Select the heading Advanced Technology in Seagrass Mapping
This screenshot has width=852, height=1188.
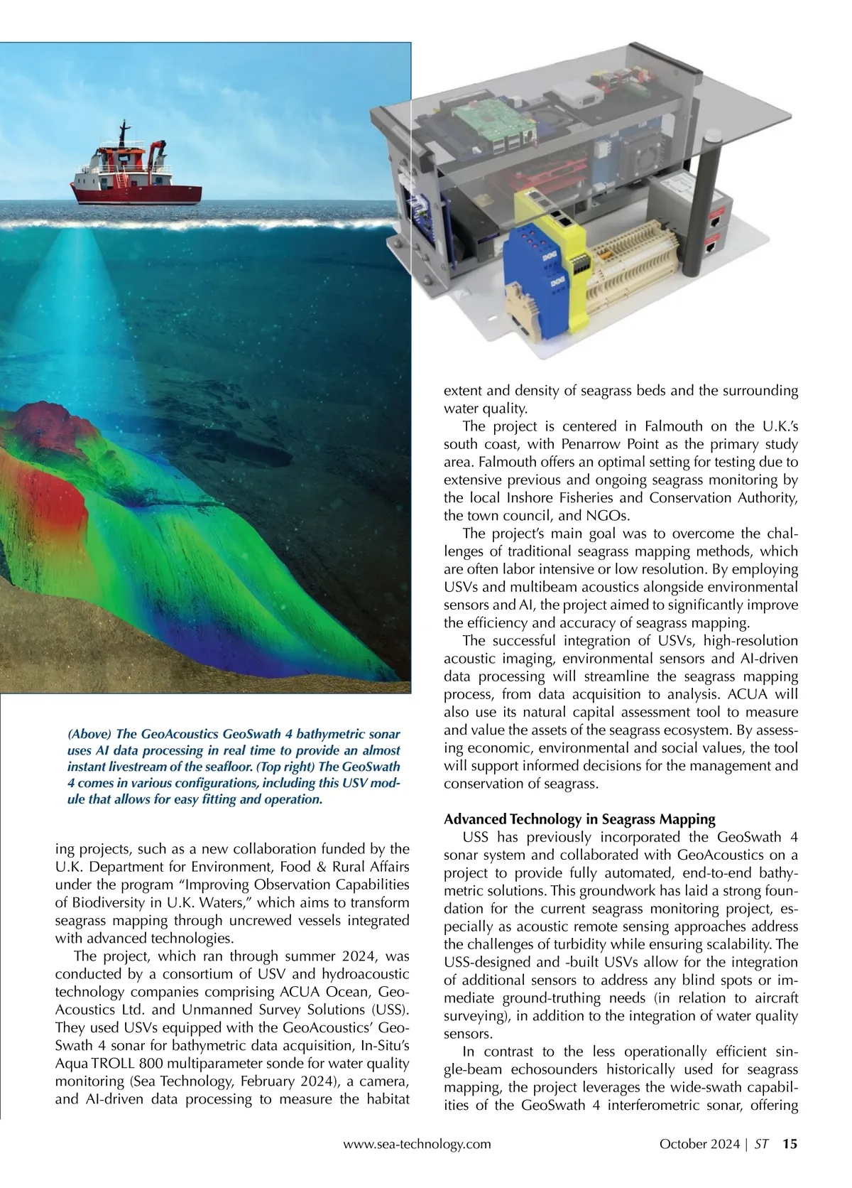pyautogui.click(x=579, y=819)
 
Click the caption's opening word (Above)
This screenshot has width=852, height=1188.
pyautogui.click(x=89, y=734)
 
